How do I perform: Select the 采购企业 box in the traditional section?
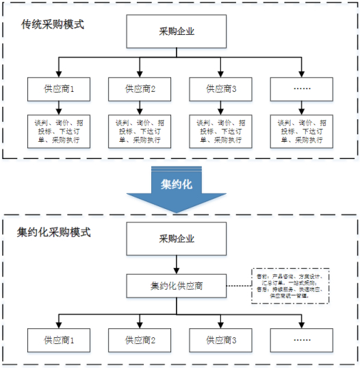177,32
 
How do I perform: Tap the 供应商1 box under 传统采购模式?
60,89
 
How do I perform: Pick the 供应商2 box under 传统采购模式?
140,89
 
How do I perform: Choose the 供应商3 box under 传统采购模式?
220,89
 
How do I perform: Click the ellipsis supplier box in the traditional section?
301,89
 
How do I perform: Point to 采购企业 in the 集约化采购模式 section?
177,239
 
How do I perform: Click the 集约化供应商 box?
177,285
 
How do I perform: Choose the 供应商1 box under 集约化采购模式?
60,339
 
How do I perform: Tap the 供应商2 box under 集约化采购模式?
140,339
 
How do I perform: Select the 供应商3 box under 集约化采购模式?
220,339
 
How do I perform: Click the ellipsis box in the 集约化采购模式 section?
301,339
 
